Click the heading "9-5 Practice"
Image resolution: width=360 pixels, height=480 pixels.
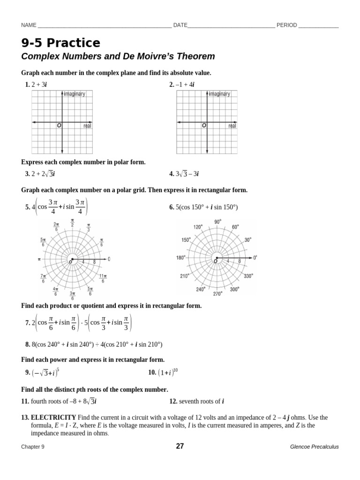pos(60,43)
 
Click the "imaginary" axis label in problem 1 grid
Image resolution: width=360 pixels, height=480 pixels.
pos(75,94)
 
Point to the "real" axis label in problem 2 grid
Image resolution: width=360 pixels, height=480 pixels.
pos(232,126)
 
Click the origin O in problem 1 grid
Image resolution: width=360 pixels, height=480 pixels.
pos(59,126)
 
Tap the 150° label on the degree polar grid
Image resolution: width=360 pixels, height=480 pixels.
pos(187,240)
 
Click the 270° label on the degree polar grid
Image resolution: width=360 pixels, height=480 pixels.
pos(218,294)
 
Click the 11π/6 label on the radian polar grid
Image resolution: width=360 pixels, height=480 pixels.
pos(103,278)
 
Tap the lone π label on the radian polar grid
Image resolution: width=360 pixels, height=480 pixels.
pos(39,259)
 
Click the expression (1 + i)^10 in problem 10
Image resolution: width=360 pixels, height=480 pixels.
pos(168,373)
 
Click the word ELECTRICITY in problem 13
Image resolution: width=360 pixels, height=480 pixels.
pos(53,417)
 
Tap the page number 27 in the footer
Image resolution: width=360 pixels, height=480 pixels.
pos(180,446)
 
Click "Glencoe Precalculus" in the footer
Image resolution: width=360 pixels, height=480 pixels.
pos(314,447)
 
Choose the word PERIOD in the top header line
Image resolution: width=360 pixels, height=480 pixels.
pos(286,25)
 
